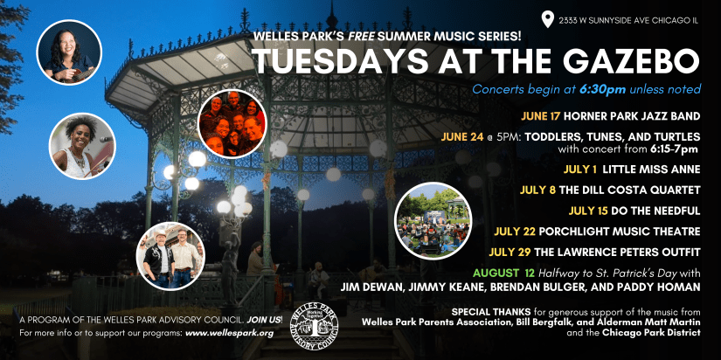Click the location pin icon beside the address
coord(547,19)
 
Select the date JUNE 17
coord(540,116)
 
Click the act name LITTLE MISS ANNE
coord(651,170)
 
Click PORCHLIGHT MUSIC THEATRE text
coord(620,232)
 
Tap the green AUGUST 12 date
coord(504,273)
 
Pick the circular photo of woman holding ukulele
coord(69,52)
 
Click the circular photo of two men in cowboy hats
coord(171,256)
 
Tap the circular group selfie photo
coord(232,124)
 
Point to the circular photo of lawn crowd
coord(433,221)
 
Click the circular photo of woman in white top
coord(82,146)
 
